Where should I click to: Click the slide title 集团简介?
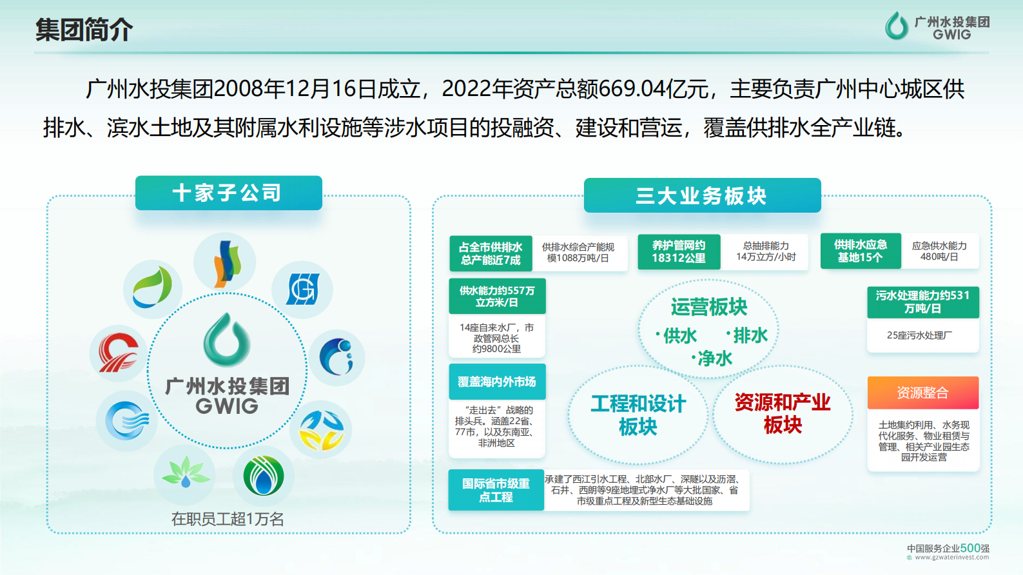84,30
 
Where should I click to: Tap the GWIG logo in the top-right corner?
937,27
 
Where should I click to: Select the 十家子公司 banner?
228,193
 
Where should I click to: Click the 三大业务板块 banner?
702,195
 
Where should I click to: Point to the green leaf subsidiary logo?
153,288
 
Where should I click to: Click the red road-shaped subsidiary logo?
118,353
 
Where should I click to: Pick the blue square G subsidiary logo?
302,289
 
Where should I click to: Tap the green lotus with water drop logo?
185,474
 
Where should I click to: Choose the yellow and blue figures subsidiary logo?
321,430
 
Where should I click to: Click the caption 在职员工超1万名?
228,519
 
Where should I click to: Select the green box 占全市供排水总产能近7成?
491,253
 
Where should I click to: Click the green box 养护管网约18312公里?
678,251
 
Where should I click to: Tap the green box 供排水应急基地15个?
860,251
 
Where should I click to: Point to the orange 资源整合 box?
922,393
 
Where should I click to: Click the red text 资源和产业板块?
783,413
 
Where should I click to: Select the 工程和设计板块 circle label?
638,415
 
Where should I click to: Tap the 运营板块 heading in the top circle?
708,307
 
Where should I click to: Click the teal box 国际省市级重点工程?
496,490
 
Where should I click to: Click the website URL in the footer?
951,558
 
